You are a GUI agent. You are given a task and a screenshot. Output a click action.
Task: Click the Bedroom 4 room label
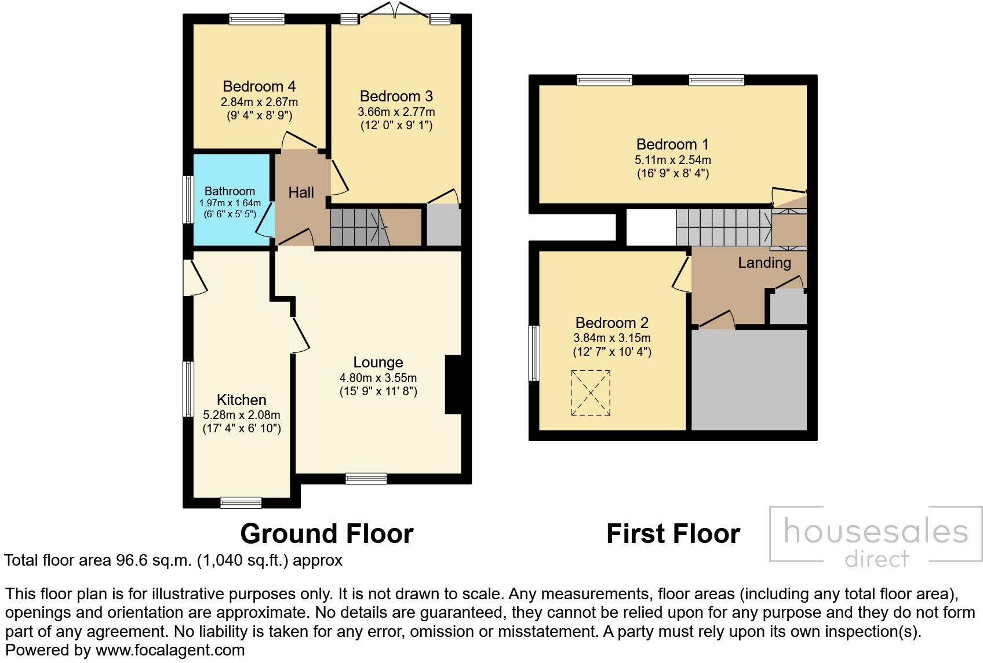point(259,86)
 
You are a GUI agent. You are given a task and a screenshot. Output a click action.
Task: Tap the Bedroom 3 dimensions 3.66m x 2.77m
point(396,112)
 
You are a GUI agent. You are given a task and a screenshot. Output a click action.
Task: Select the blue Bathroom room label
point(230,191)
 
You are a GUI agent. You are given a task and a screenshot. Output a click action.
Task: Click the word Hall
point(301,192)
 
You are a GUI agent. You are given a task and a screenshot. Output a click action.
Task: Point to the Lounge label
point(378,362)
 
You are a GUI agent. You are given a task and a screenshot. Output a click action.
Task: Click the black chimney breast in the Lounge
point(453,384)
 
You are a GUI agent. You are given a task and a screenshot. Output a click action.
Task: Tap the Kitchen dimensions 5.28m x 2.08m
point(241,415)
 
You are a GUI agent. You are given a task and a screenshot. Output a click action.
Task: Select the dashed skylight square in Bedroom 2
point(591,393)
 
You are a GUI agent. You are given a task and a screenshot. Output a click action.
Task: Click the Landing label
point(764,263)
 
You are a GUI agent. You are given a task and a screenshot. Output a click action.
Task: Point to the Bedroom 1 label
point(672,144)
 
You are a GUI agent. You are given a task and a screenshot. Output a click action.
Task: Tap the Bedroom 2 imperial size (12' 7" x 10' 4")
point(612,352)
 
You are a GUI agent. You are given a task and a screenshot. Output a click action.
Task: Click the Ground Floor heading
point(326,534)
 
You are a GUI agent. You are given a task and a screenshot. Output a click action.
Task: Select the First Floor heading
point(673,534)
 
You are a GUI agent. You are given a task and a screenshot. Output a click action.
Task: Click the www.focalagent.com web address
point(170,650)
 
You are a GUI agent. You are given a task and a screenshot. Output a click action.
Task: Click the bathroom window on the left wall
point(188,199)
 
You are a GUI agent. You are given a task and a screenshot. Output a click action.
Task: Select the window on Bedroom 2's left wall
point(534,353)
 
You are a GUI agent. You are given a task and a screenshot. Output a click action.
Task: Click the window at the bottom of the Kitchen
point(241,502)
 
